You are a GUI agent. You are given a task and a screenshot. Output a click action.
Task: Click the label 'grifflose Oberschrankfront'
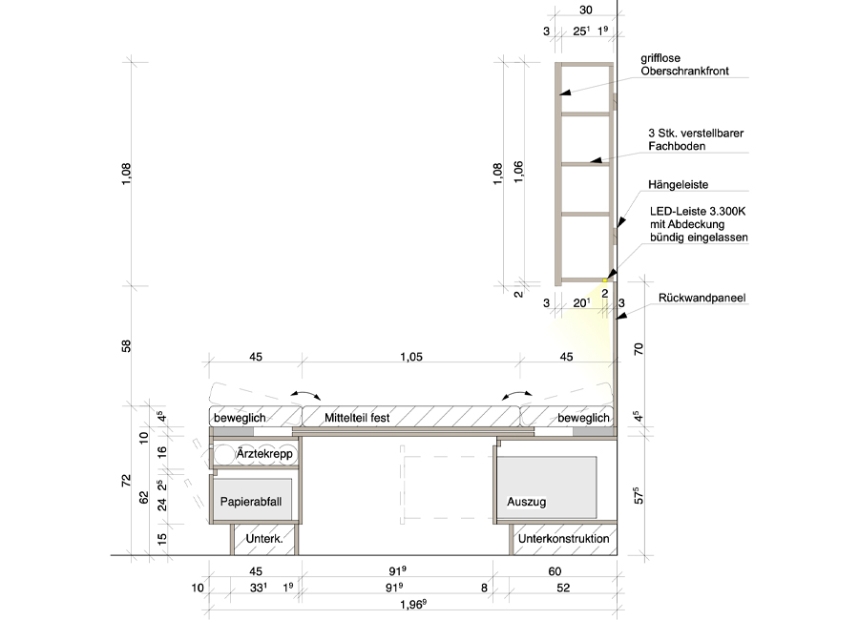(684, 65)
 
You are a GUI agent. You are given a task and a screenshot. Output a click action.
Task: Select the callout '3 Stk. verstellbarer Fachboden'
(696, 139)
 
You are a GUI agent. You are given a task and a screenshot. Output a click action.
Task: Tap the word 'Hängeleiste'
(679, 185)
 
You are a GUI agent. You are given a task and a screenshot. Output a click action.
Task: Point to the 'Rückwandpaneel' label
(702, 298)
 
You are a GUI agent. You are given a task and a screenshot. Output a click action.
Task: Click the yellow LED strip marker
(605, 280)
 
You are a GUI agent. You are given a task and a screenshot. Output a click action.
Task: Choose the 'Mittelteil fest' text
(357, 418)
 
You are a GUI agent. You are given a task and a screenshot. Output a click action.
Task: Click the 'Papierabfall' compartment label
(251, 501)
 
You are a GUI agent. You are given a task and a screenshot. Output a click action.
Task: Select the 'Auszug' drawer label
(527, 502)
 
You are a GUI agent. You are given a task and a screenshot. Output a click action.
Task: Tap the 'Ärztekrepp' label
(264, 453)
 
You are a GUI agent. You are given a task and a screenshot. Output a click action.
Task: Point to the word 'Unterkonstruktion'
(564, 538)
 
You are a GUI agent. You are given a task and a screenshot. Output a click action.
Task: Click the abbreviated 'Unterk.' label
(264, 538)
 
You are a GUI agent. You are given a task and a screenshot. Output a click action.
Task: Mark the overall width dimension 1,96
(413, 605)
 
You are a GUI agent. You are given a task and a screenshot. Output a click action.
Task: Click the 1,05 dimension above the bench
(410, 357)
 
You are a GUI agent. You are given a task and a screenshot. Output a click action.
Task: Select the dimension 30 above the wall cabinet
(586, 10)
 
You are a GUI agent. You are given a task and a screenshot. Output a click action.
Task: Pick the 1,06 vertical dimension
(518, 172)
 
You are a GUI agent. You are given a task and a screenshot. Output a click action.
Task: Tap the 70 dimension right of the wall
(639, 349)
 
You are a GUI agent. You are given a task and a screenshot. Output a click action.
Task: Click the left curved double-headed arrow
(305, 394)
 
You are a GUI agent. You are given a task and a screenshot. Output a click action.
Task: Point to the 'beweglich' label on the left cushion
(240, 418)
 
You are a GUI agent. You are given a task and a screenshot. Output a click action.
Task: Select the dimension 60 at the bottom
(555, 571)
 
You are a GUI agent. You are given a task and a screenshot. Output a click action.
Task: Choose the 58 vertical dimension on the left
(126, 346)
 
